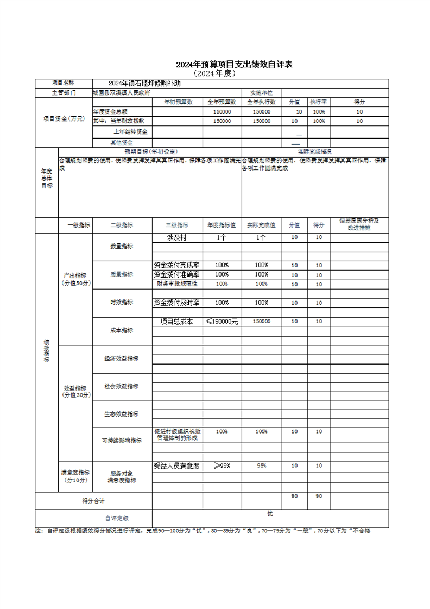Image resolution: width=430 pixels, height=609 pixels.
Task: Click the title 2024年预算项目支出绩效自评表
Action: [234, 65]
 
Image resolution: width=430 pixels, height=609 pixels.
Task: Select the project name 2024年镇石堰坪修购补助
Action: [144, 83]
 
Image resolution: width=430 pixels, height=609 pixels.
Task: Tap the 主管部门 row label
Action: [64, 92]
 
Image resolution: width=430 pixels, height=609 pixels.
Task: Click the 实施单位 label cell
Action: [261, 92]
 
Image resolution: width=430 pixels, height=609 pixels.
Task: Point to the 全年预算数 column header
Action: [222, 102]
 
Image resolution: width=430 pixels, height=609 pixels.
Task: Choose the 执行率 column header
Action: [318, 102]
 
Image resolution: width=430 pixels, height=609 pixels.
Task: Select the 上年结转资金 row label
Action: [131, 131]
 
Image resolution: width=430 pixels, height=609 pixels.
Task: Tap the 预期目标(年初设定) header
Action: [150, 152]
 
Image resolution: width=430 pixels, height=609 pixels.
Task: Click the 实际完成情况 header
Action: [315, 152]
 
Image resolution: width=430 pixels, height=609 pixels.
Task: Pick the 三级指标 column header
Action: [177, 224]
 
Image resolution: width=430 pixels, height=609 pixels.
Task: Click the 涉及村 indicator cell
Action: [177, 238]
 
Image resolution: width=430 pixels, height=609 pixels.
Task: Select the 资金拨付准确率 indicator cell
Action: [177, 274]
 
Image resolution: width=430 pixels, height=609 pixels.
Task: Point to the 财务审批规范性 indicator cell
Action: [177, 284]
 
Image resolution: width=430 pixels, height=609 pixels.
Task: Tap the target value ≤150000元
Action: [222, 322]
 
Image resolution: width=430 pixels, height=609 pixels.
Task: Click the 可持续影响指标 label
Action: [122, 441]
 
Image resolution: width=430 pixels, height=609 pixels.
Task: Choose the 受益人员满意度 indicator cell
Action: [177, 466]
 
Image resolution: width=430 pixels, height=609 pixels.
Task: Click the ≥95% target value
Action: [222, 466]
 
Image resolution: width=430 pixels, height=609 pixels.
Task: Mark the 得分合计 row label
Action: [93, 500]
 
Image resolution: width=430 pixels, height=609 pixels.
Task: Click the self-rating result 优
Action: [270, 513]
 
